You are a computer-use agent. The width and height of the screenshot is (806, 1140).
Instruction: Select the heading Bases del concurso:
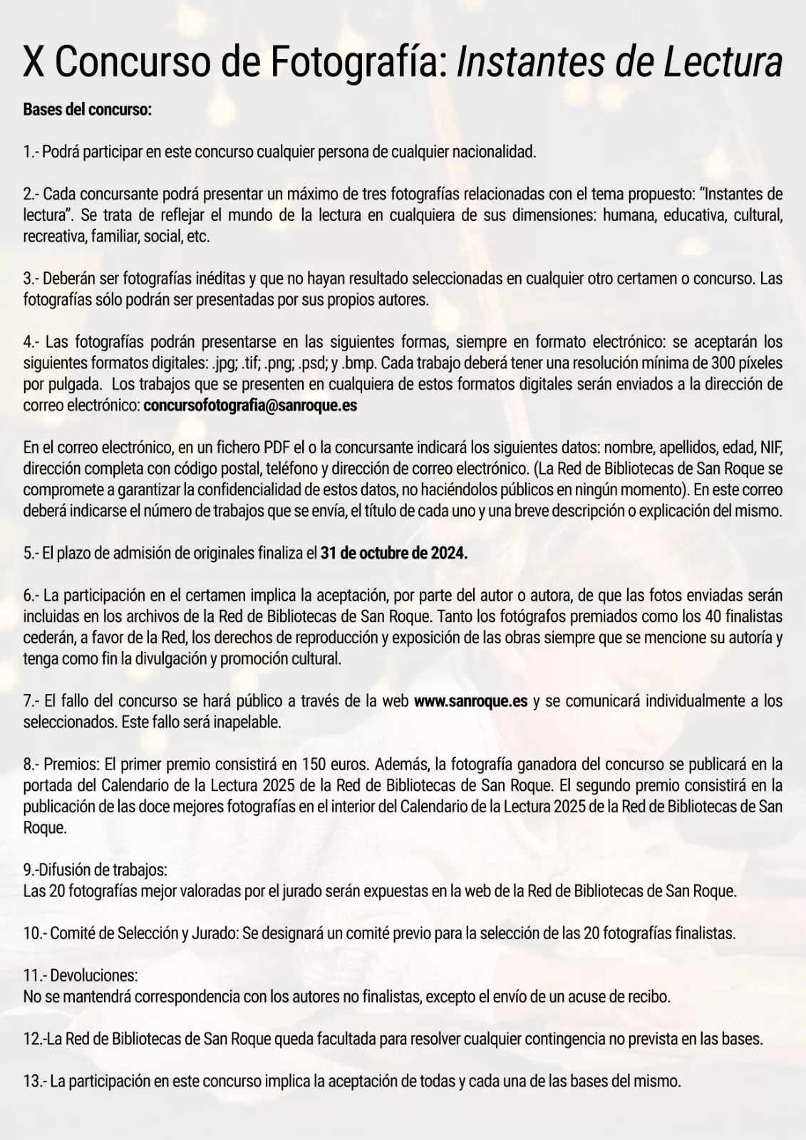tap(88, 110)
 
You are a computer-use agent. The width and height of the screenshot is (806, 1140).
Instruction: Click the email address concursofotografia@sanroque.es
tap(250, 405)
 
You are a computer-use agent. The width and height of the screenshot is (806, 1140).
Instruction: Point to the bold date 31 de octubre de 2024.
tap(394, 554)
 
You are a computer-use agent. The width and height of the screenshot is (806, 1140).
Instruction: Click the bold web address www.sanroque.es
tap(470, 701)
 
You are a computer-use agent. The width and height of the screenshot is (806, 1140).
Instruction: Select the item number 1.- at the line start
tap(31, 152)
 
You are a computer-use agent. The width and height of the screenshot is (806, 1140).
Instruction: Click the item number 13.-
tap(35, 1081)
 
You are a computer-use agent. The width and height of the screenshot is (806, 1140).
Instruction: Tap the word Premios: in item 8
tap(72, 765)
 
